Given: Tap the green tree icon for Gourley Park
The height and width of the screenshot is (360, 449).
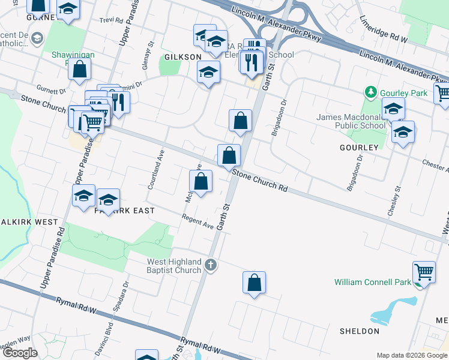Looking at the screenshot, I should tap(370, 92).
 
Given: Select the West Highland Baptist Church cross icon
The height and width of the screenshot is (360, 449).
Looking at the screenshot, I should tap(210, 265).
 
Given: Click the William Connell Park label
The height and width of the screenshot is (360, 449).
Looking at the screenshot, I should tap(373, 281).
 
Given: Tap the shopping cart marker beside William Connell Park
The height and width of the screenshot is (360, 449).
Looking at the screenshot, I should tap(424, 272).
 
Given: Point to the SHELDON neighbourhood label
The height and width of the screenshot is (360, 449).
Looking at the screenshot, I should tap(360, 331).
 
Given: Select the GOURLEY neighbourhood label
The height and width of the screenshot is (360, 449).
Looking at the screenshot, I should tap(360, 148).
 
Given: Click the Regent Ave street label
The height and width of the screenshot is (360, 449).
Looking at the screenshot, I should tap(198, 221).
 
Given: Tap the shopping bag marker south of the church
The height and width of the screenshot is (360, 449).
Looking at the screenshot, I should tap(254, 283).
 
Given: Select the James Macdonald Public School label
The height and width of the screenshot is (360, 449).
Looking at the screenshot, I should tap(351, 121).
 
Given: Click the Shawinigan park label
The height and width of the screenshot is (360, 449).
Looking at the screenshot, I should tap(73, 55).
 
